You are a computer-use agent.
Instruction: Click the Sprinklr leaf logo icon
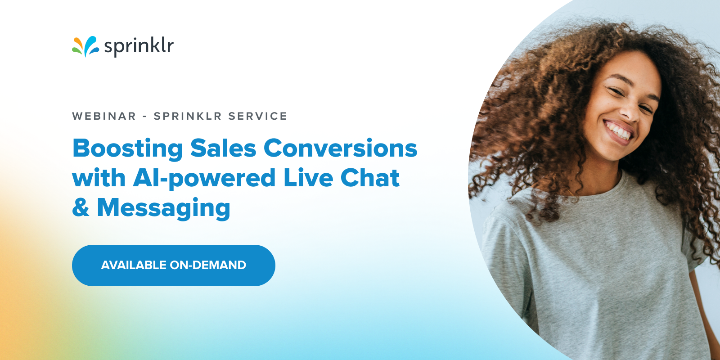point(85,46)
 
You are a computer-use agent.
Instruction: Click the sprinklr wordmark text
point(139,46)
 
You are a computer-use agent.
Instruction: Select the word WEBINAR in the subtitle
point(104,116)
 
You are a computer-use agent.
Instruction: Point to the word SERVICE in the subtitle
point(257,116)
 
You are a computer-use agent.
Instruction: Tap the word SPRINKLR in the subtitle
point(188,116)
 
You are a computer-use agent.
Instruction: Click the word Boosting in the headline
point(127,148)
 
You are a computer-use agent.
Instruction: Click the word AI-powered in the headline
point(204,179)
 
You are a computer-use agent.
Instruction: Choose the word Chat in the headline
point(370,178)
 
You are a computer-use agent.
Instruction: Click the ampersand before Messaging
point(81,207)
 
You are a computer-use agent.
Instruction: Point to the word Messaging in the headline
point(164,208)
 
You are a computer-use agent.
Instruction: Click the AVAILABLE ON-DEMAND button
point(174,265)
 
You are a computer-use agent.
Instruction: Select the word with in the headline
point(99,178)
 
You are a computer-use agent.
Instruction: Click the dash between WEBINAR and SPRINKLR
point(145,117)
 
